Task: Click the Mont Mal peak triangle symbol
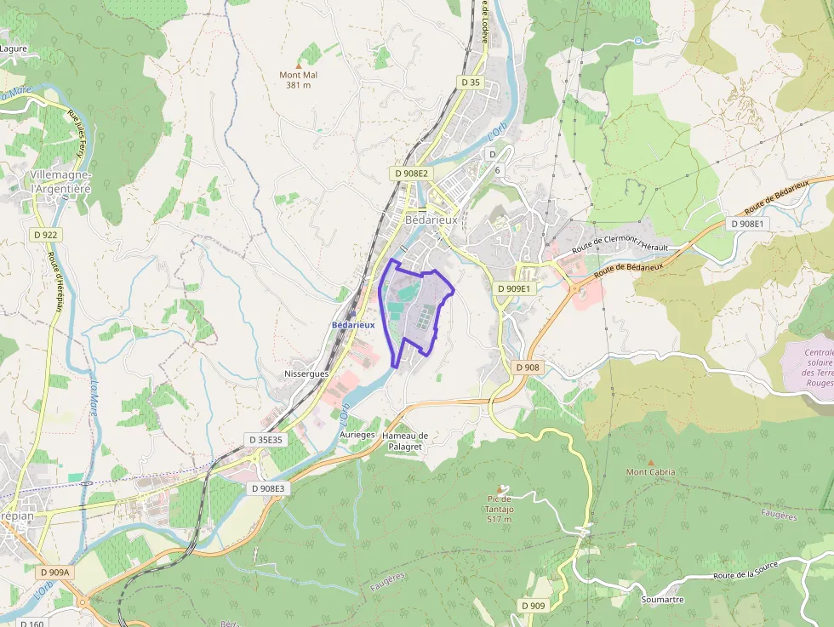click(x=298, y=65)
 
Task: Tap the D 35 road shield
click(x=469, y=83)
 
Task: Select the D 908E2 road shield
click(x=412, y=173)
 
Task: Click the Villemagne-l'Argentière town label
click(x=60, y=181)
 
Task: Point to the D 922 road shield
click(x=45, y=234)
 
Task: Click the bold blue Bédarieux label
click(x=352, y=325)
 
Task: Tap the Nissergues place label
click(x=306, y=373)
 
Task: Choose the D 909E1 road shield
click(x=513, y=288)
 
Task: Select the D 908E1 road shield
click(x=747, y=224)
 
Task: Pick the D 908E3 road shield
click(x=269, y=488)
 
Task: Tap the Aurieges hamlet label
click(x=357, y=434)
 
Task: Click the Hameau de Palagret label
click(x=405, y=441)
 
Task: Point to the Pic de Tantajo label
click(x=499, y=509)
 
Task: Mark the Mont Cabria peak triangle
click(x=651, y=462)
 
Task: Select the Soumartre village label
click(x=663, y=599)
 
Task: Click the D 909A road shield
click(x=53, y=573)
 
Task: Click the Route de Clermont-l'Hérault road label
click(x=620, y=242)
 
